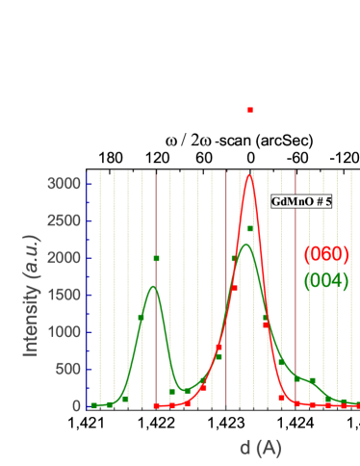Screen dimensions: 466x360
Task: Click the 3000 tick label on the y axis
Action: (x=64, y=183)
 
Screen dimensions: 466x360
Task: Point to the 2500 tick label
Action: (x=64, y=220)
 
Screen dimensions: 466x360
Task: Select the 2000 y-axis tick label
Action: (x=64, y=258)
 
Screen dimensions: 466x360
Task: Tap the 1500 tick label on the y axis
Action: (x=64, y=295)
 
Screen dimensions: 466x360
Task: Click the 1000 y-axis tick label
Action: (x=64, y=332)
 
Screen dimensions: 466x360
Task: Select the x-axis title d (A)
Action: (x=260, y=447)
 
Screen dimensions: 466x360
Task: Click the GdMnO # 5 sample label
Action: (x=301, y=202)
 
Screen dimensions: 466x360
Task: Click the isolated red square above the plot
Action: (x=250, y=111)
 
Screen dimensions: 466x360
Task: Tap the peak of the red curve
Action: (x=249, y=175)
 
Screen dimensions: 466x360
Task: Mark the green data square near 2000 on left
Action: (x=156, y=258)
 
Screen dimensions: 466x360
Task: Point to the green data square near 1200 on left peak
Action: (x=141, y=317)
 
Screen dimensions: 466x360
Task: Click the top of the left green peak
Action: (x=153, y=286)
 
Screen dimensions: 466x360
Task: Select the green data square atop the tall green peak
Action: (x=250, y=228)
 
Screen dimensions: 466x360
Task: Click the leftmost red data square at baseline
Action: (x=156, y=405)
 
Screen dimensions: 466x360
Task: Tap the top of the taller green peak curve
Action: (x=244, y=245)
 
